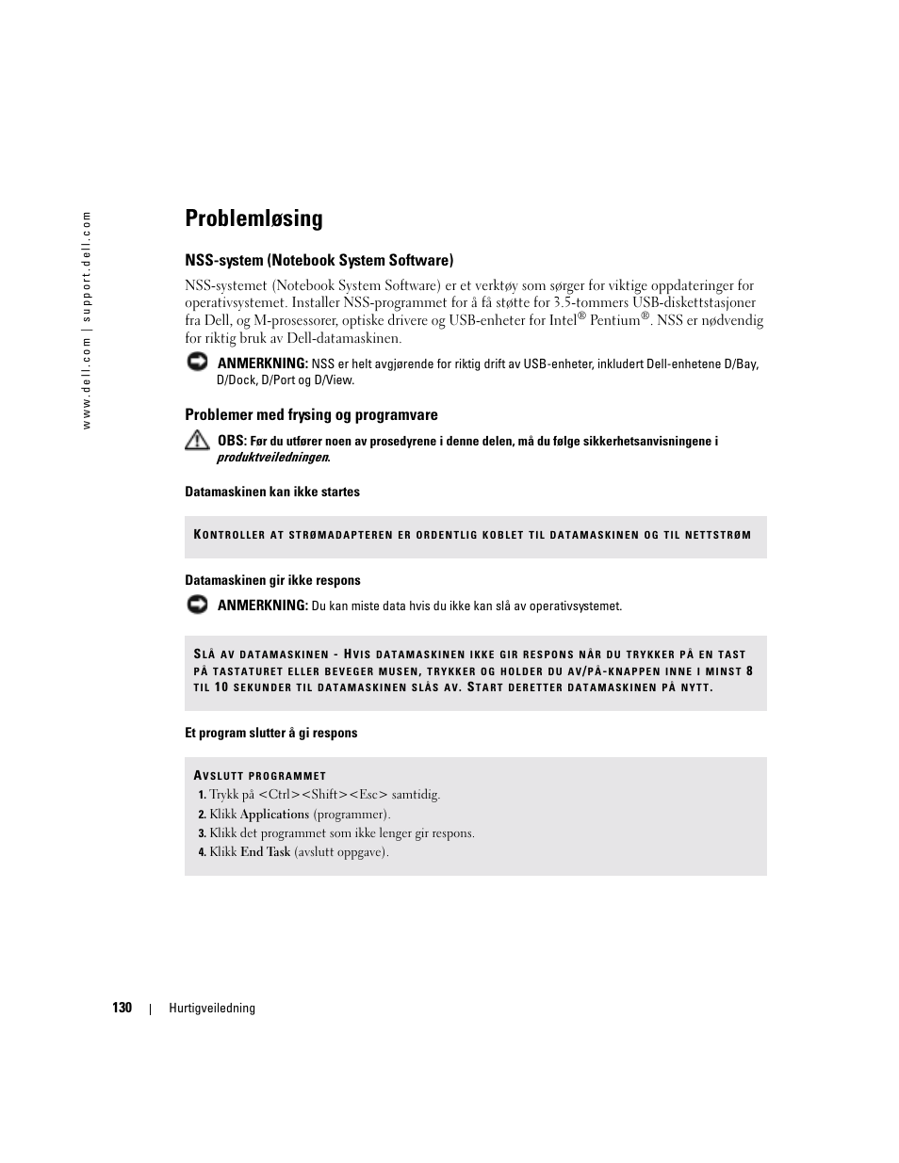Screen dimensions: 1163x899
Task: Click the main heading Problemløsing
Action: (x=253, y=218)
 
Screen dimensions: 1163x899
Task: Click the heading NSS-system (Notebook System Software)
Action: (x=319, y=260)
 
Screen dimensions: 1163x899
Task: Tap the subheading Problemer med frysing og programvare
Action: (x=311, y=414)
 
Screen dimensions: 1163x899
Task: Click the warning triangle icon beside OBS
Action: (x=197, y=440)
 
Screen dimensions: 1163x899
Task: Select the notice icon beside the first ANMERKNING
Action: (x=197, y=363)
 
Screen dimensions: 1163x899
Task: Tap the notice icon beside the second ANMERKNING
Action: (x=197, y=606)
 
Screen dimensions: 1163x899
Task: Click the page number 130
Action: (x=122, y=1008)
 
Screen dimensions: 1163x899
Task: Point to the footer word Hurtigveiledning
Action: (x=212, y=1008)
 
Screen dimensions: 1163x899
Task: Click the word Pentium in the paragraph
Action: (x=614, y=321)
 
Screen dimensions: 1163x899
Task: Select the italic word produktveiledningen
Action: (x=272, y=458)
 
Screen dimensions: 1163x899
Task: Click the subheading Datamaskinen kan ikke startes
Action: (x=272, y=492)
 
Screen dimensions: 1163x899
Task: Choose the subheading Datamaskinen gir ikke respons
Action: (x=272, y=580)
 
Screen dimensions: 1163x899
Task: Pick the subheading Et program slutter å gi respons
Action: (x=271, y=733)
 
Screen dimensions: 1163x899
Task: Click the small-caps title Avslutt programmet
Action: (x=260, y=776)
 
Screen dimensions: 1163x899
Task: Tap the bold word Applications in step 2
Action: (x=274, y=815)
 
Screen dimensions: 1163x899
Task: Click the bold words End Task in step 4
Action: (x=265, y=852)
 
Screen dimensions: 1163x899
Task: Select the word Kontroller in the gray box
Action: (x=229, y=535)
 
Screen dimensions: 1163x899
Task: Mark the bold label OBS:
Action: (x=232, y=441)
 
